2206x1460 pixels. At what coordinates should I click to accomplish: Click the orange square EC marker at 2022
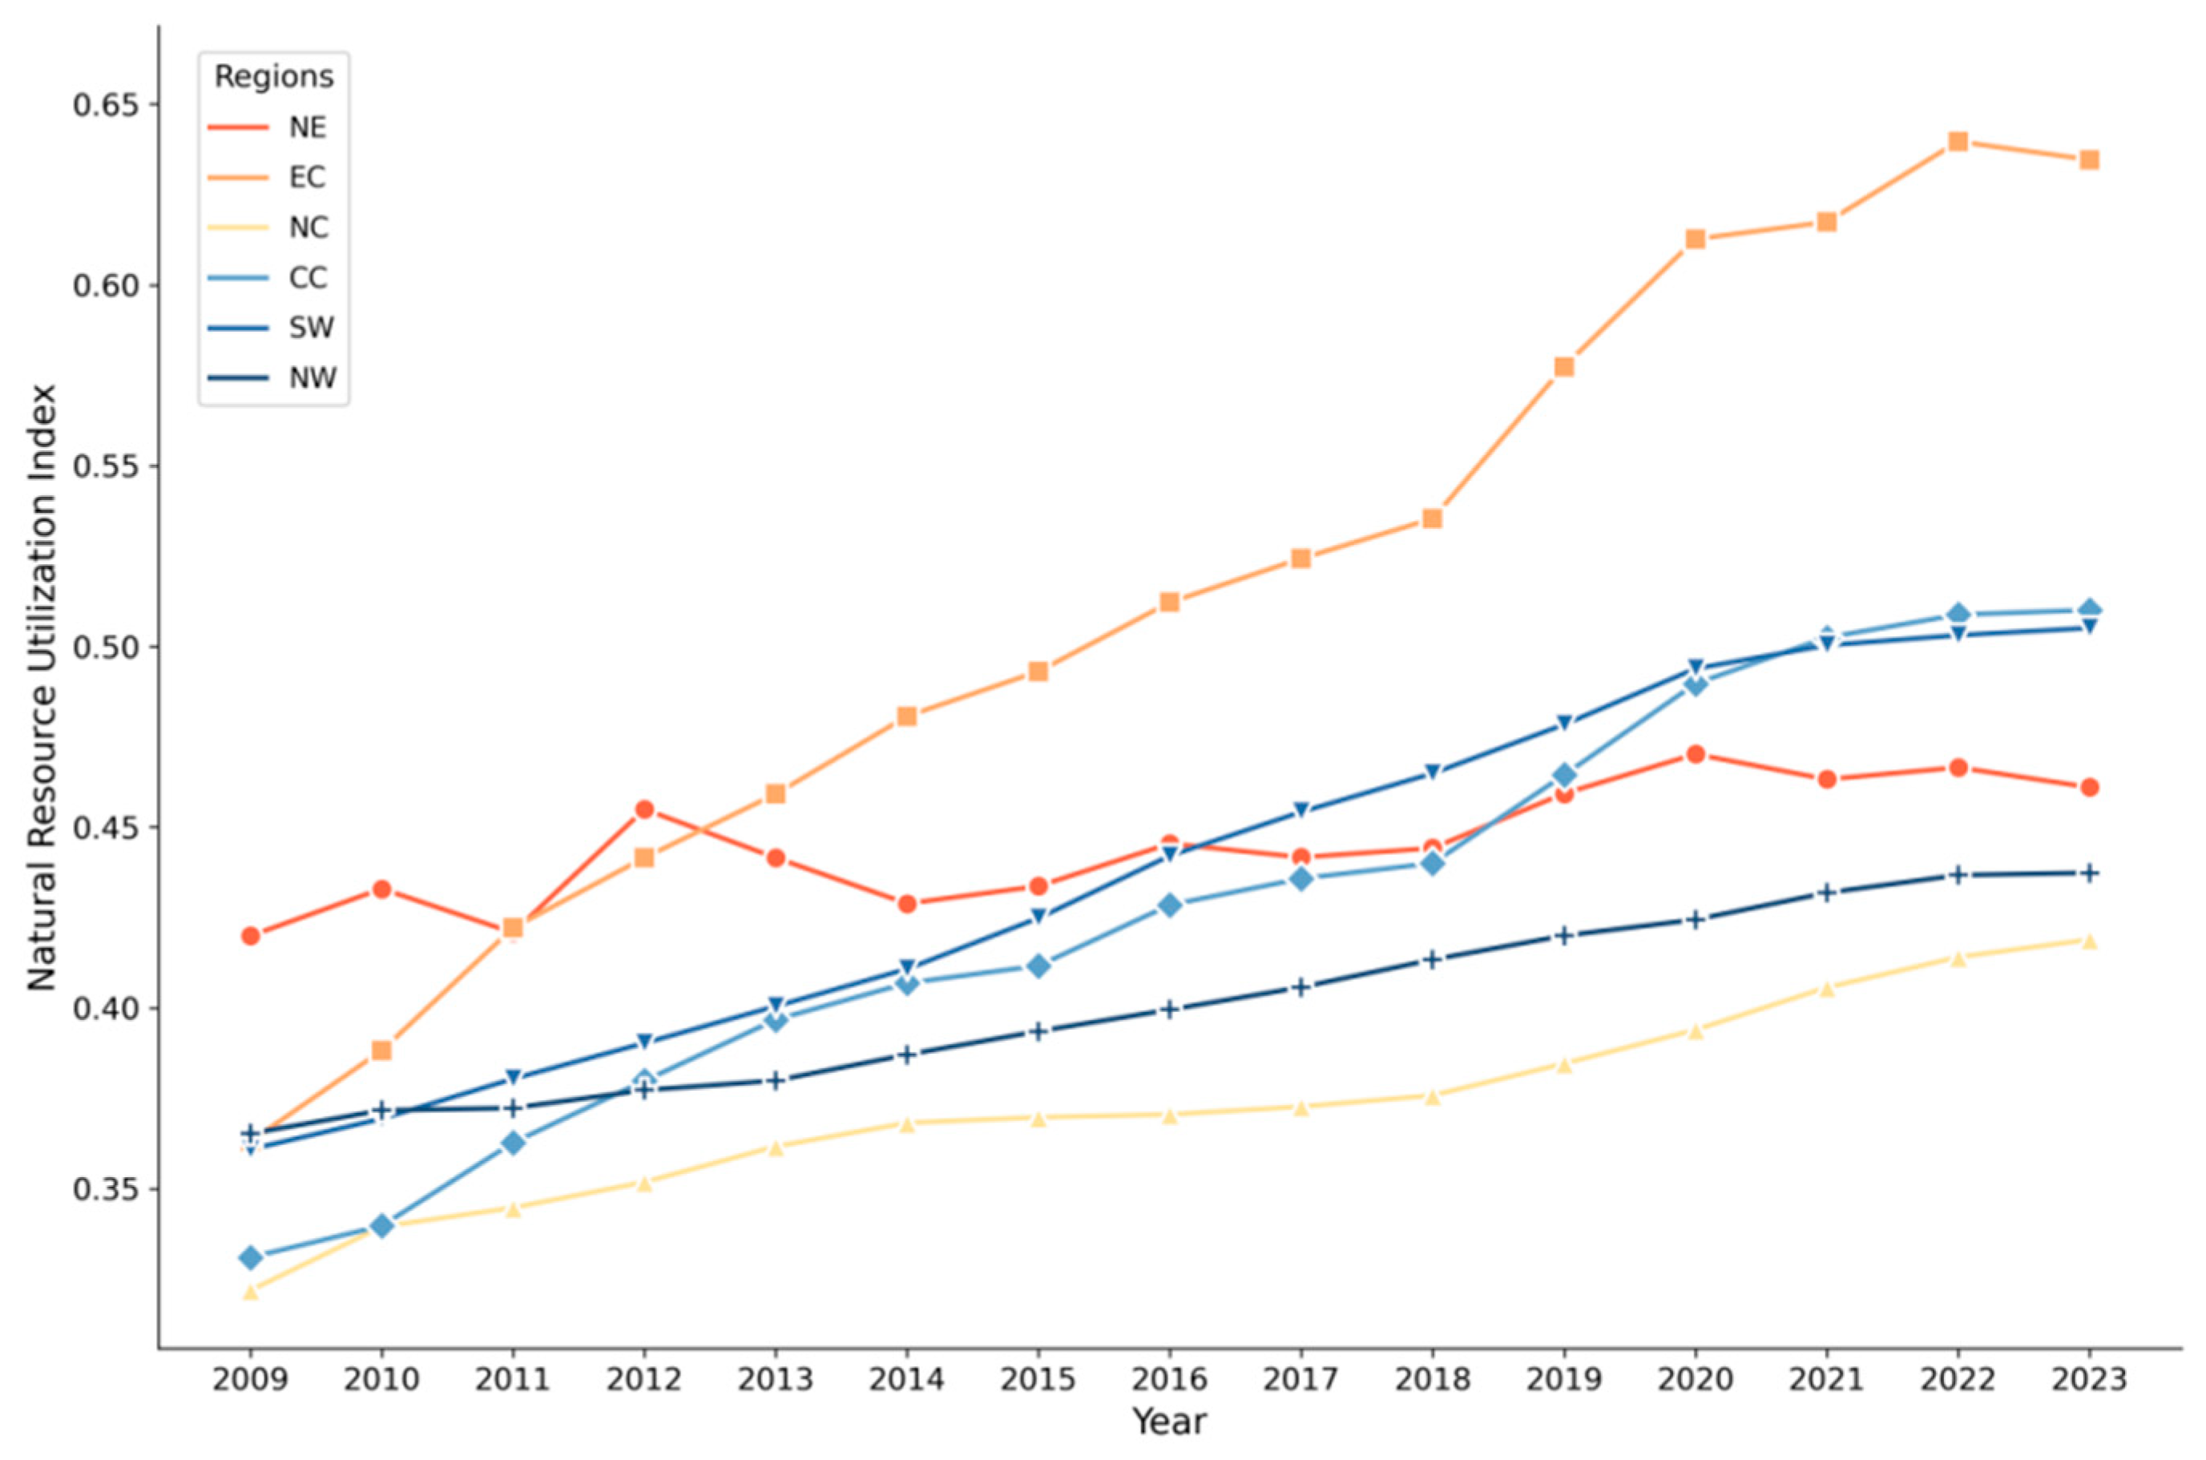click(x=1958, y=142)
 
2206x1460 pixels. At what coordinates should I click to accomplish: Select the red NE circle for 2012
click(x=643, y=810)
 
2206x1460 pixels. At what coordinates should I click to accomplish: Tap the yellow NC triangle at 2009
click(x=249, y=1292)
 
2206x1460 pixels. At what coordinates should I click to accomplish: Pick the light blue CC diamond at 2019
click(x=1563, y=776)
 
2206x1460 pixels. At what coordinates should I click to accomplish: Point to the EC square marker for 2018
click(x=1432, y=518)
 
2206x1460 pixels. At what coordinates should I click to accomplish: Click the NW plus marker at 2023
click(x=2089, y=873)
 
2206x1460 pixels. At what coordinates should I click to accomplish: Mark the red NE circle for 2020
click(x=1695, y=754)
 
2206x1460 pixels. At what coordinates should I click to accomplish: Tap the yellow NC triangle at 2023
click(x=2089, y=941)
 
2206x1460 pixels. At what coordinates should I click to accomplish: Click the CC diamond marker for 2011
click(x=512, y=1143)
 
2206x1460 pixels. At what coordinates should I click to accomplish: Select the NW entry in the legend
click(x=270, y=378)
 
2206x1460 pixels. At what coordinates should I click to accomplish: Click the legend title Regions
click(x=274, y=77)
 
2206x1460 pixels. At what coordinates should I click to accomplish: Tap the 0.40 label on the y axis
click(x=104, y=1008)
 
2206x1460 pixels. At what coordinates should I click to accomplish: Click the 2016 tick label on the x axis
click(x=1170, y=1379)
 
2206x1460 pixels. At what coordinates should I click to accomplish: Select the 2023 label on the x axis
click(x=2089, y=1379)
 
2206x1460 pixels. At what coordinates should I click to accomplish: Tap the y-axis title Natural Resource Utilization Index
click(x=42, y=688)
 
